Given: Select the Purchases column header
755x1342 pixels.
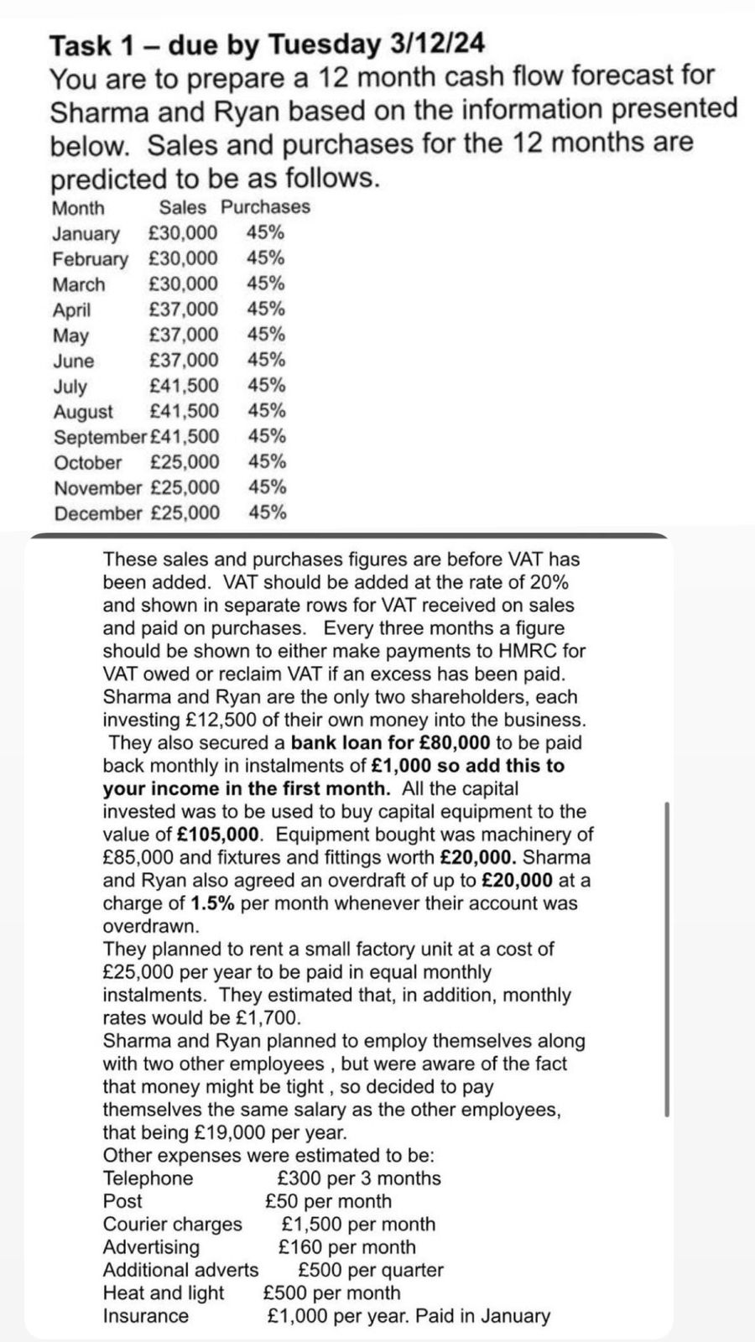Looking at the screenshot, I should tap(265, 207).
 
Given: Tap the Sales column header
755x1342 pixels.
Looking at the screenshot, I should tap(182, 207).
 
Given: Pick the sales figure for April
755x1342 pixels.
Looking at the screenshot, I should tap(183, 309).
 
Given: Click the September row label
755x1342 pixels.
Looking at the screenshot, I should tap(99, 437).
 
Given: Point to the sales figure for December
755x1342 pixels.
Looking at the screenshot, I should tap(185, 513).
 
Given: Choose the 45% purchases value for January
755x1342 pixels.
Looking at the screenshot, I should tap(265, 233).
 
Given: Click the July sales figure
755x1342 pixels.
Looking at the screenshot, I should tap(184, 386).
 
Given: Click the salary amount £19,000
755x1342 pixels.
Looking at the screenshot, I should tap(229, 1133).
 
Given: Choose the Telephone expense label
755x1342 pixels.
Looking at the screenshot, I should tap(148, 1178).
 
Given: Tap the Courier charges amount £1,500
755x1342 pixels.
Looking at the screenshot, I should tap(311, 1225).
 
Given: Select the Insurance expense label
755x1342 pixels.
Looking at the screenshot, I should tap(146, 1316).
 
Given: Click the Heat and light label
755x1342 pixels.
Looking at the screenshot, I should tap(164, 1293).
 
